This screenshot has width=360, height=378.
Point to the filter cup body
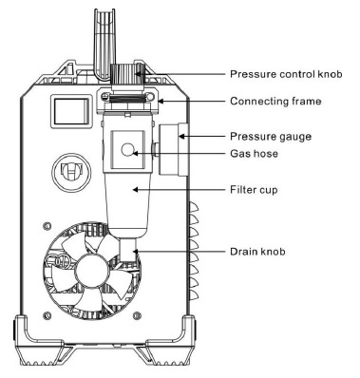(x=125, y=199)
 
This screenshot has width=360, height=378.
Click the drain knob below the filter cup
(x=126, y=250)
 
